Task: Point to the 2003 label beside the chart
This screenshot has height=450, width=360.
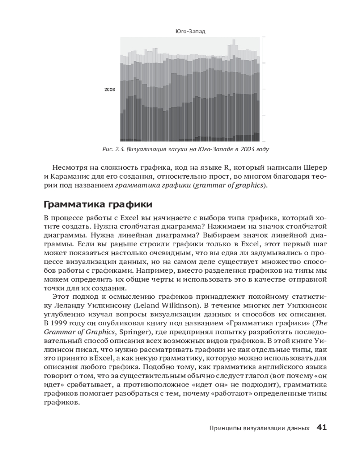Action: (x=110, y=90)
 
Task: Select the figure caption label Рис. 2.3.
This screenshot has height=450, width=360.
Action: (x=114, y=149)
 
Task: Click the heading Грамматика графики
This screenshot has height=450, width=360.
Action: (x=98, y=205)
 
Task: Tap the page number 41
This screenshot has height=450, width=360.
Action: (x=321, y=427)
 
